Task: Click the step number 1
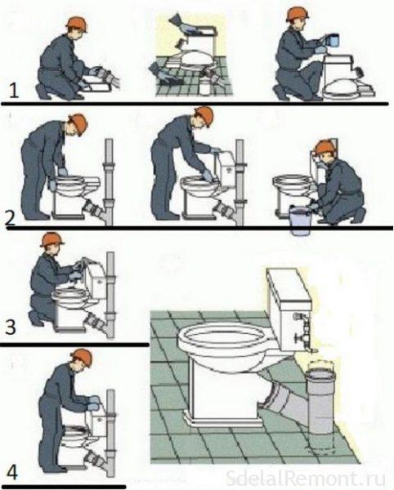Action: coord(14,91)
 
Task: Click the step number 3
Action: coord(11,327)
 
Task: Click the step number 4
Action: coord(12,472)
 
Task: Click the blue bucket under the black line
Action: coord(300,220)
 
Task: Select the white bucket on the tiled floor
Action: coord(205,87)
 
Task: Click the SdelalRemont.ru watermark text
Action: coord(305,479)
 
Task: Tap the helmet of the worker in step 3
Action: coord(51,239)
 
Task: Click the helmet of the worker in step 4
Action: coord(83,357)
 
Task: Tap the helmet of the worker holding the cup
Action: coord(297,14)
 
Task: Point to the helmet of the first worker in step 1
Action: coord(77,24)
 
